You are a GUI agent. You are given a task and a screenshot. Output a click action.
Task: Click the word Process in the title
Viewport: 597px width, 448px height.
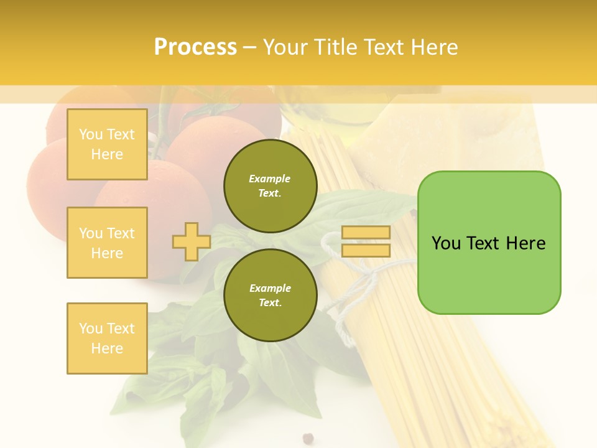pos(195,47)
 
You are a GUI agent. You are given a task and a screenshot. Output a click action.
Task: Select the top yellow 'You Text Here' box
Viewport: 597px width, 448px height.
pos(107,144)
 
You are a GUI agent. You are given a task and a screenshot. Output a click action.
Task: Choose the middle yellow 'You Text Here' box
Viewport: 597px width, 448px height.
pos(107,243)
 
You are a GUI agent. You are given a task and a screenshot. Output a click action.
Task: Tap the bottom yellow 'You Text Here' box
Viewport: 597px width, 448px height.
pos(107,338)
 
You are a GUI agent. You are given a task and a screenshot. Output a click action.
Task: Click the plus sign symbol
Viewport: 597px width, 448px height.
pos(191,241)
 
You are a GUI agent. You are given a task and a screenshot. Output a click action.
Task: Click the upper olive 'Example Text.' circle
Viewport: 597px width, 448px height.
pos(270,185)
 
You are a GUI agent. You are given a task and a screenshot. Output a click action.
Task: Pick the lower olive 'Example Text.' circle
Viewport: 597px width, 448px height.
pos(270,295)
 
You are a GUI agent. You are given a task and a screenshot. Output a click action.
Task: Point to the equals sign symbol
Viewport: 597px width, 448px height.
pos(366,241)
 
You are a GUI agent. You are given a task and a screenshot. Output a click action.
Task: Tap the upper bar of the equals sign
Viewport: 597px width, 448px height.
pos(366,233)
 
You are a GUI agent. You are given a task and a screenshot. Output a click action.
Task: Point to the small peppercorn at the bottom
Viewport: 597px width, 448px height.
pos(307,438)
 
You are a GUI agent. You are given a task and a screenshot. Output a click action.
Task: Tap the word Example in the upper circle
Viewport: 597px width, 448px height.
pos(270,179)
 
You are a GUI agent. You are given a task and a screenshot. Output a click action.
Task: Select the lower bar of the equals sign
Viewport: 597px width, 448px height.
pos(366,251)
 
